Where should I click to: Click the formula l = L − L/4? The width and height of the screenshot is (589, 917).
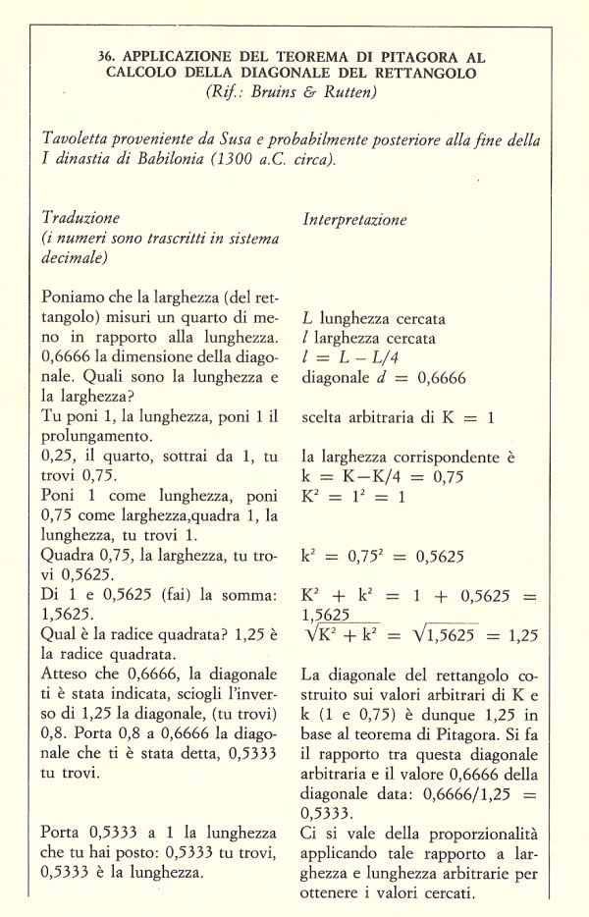[354, 358]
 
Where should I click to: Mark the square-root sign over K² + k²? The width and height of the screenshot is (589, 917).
[312, 635]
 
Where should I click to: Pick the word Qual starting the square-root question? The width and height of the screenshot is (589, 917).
[59, 635]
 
